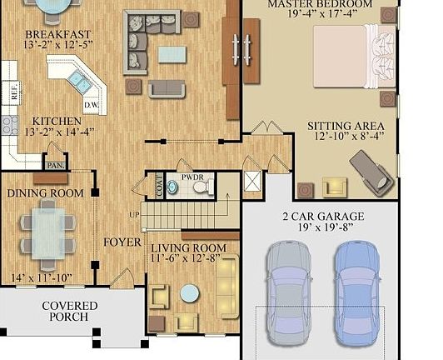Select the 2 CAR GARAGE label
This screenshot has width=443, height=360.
323,217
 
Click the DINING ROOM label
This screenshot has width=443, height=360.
45,193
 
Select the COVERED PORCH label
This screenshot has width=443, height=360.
70,312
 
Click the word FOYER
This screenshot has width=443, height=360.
122,242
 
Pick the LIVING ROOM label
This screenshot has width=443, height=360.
188,248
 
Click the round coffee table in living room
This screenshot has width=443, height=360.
190,293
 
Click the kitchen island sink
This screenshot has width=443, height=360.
80,80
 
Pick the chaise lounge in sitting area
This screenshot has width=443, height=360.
370,171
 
